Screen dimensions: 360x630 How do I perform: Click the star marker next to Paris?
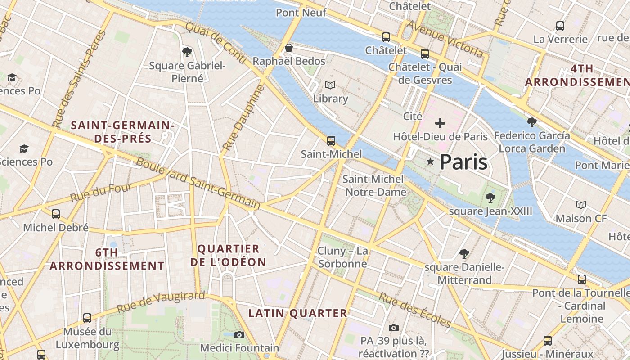click(430, 162)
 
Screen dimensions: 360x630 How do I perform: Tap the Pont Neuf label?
click(301, 13)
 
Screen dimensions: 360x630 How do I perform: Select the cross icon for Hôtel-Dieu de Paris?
click(440, 123)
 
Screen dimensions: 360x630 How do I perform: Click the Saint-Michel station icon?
click(331, 141)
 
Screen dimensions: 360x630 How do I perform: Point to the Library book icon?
click(330, 85)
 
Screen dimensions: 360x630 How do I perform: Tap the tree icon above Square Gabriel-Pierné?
click(187, 52)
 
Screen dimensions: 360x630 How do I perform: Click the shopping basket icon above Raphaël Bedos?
click(289, 48)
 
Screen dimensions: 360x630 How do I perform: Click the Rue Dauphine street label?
click(242, 118)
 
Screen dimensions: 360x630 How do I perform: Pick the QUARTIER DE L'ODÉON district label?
click(228, 255)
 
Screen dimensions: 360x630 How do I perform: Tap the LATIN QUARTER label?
click(298, 313)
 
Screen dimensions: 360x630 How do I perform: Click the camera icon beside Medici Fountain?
click(239, 335)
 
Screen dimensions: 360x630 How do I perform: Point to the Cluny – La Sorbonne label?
click(343, 257)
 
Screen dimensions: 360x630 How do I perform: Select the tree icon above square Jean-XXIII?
click(490, 198)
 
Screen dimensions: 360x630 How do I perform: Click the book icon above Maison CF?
click(581, 205)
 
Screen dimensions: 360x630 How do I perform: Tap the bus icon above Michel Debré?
click(56, 214)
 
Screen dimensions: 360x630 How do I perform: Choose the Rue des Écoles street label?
click(414, 310)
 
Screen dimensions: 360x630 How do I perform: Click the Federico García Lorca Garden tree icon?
click(531, 122)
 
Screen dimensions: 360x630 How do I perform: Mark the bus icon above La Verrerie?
click(560, 26)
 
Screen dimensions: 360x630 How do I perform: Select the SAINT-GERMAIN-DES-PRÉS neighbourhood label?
click(122, 131)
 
